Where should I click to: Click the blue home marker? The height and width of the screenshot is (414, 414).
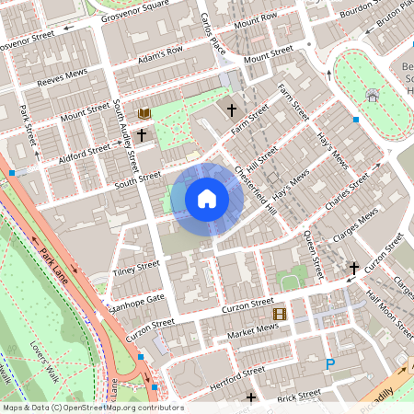(x=207, y=199)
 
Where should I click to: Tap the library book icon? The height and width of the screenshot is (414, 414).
(x=144, y=113)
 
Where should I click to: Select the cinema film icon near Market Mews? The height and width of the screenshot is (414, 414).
(x=280, y=314)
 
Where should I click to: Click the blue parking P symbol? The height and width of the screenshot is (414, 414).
(x=330, y=365)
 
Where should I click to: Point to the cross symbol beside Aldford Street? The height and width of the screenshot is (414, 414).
(x=142, y=134)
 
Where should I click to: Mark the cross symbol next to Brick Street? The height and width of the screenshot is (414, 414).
(x=251, y=397)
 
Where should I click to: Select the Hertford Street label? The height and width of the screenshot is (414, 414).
(x=224, y=377)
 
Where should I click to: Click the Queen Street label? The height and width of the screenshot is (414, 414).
(x=313, y=254)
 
